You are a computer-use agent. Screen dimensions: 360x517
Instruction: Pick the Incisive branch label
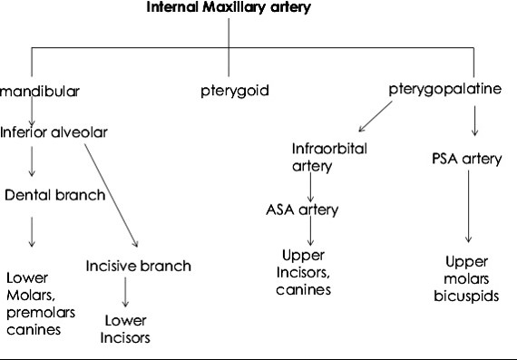[x=138, y=267]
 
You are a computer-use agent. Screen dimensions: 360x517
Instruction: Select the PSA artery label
[x=466, y=159]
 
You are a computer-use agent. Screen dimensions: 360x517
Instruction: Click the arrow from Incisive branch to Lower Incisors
[x=126, y=292]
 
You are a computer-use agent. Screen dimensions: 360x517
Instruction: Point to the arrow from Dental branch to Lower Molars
[x=33, y=231]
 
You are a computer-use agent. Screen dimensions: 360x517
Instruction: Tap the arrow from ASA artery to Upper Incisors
[x=311, y=235]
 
